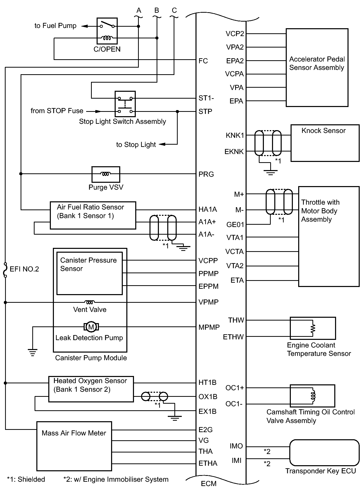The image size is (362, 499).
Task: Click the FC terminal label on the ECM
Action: pyautogui.click(x=203, y=61)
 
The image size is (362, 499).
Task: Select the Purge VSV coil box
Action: pyautogui.click(x=105, y=174)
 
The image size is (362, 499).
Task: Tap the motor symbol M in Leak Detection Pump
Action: pyautogui.click(x=91, y=327)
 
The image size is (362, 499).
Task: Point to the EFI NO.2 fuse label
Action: pyautogui.click(x=24, y=269)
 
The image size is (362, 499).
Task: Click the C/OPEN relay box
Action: pyautogui.click(x=107, y=31)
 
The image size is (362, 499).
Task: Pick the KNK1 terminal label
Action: pyautogui.click(x=235, y=135)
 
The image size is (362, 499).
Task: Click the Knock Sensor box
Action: pyautogui.click(x=325, y=143)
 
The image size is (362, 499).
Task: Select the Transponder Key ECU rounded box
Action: pyautogui.click(x=324, y=453)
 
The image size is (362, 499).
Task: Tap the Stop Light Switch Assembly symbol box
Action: pyautogui.click(x=125, y=104)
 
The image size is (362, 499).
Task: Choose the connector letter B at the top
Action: pyautogui.click(x=157, y=10)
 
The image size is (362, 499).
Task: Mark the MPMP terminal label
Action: pyautogui.click(x=209, y=327)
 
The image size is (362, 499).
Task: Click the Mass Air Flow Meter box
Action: pyautogui.click(x=74, y=446)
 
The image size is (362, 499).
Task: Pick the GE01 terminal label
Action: pyautogui.click(x=235, y=225)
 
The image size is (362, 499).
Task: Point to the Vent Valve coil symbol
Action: pyautogui.click(x=89, y=302)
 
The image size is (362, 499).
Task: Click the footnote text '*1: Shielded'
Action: pyautogui.click(x=26, y=479)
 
